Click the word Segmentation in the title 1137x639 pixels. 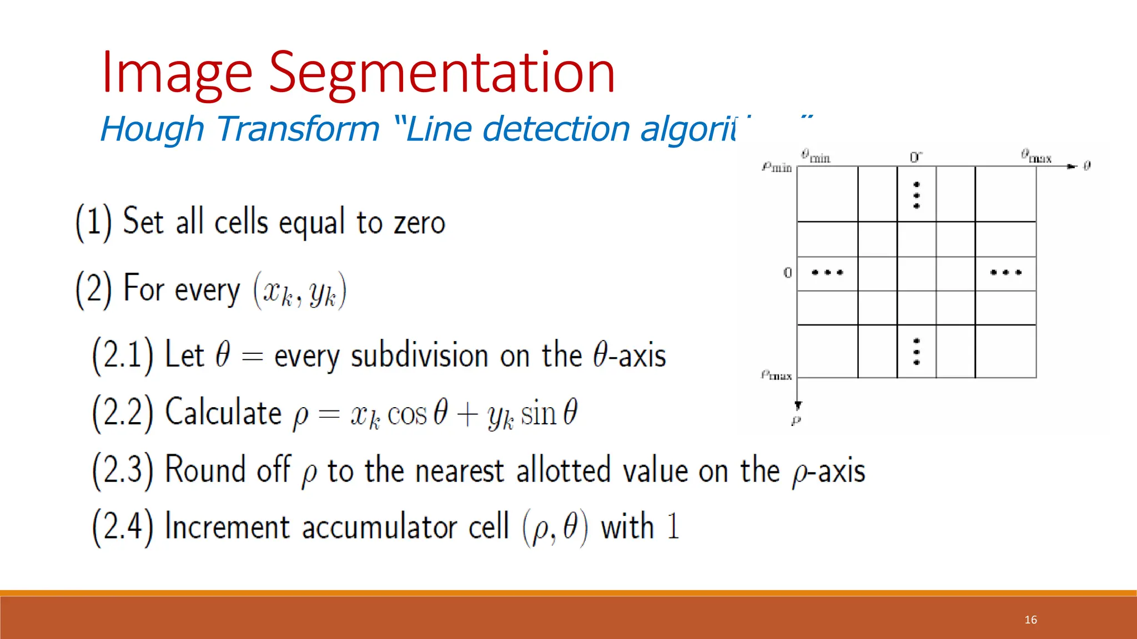click(x=442, y=73)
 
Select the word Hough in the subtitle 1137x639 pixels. click(x=152, y=129)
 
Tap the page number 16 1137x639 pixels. click(x=1030, y=620)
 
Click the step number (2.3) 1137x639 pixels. click(x=122, y=470)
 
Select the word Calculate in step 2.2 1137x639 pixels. click(x=223, y=413)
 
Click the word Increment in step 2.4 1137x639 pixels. click(x=227, y=526)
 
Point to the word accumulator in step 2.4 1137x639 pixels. click(x=405, y=526)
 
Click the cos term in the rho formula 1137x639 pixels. click(x=407, y=414)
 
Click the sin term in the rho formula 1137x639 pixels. click(x=538, y=414)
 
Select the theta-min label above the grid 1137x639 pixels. click(x=815, y=156)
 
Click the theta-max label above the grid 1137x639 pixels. click(x=1035, y=156)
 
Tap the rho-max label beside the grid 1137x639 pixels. click(x=776, y=376)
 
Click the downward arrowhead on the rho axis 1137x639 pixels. click(x=798, y=406)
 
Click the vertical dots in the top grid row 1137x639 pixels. click(x=917, y=195)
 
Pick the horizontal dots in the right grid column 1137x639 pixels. click(x=1005, y=272)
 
